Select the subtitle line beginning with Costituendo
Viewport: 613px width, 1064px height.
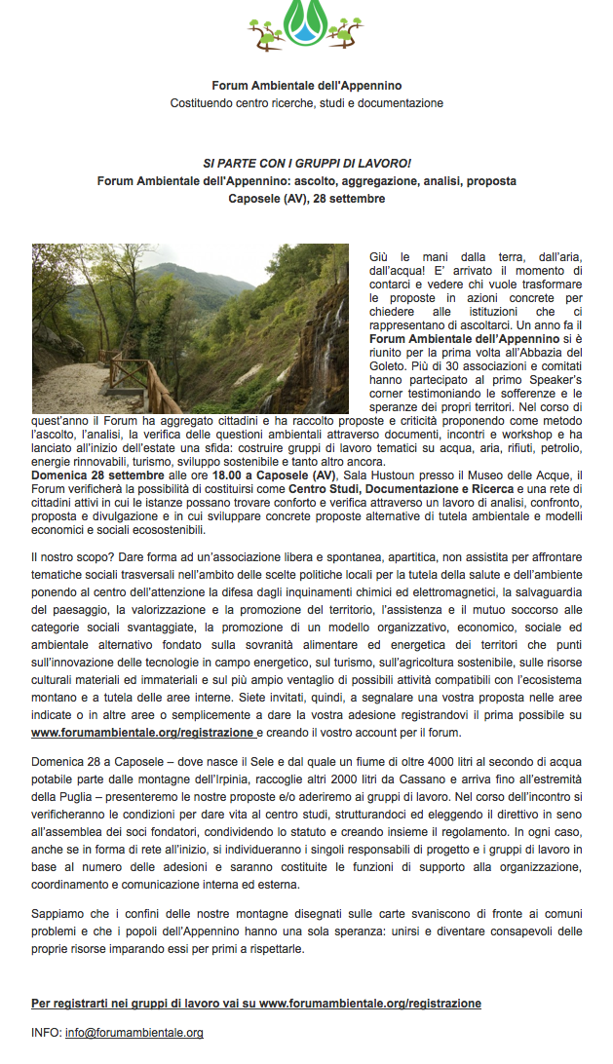tap(306, 102)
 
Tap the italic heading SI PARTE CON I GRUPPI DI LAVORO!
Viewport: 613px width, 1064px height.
tap(306, 163)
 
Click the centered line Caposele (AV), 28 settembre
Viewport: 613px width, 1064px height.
tap(306, 198)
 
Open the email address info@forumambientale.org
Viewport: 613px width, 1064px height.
tap(134, 1032)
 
